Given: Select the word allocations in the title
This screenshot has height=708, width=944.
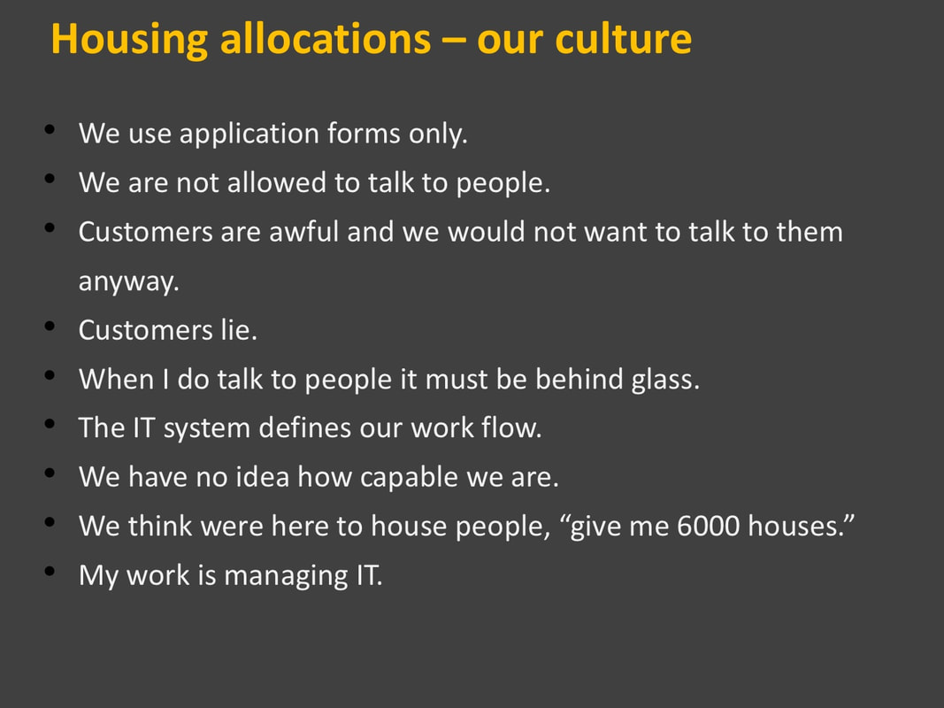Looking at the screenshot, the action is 326,39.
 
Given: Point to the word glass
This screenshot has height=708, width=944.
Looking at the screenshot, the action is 665,381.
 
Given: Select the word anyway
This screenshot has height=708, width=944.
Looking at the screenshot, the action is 129,282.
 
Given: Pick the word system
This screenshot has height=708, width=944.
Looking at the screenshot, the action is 206,429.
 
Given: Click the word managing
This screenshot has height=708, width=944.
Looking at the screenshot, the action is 286,576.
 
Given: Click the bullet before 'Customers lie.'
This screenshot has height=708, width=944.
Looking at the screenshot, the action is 50,327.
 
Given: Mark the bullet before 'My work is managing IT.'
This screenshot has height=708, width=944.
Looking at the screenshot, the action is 50,572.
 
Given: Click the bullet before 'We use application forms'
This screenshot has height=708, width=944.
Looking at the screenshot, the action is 50,129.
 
